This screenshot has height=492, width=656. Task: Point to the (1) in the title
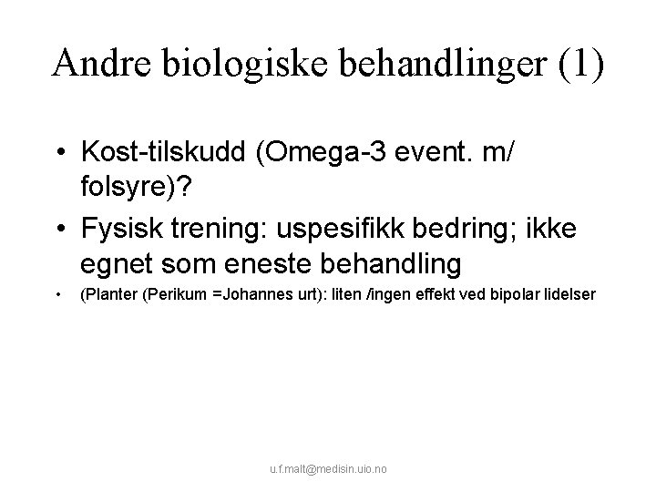pyautogui.click(x=579, y=64)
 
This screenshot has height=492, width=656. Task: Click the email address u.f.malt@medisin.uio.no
pyautogui.click(x=328, y=469)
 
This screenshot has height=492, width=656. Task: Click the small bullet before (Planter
pyautogui.click(x=57, y=294)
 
